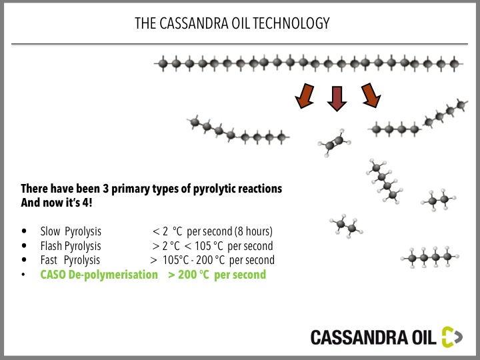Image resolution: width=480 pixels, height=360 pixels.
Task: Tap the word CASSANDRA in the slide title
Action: (x=193, y=23)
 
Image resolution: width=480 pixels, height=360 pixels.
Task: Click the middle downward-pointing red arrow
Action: (x=337, y=99)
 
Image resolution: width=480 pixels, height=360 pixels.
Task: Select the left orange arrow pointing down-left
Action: (x=305, y=96)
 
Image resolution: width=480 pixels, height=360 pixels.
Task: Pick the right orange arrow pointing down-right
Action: (x=371, y=95)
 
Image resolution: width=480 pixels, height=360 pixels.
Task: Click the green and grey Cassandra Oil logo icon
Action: (x=452, y=337)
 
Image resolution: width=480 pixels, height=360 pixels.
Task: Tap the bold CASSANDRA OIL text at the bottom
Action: (x=373, y=337)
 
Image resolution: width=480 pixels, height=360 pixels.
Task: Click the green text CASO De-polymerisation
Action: (x=99, y=275)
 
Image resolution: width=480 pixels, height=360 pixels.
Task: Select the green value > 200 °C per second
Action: (x=217, y=275)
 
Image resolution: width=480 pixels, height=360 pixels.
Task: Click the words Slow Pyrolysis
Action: (x=71, y=231)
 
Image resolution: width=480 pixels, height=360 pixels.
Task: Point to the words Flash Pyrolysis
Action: (x=71, y=246)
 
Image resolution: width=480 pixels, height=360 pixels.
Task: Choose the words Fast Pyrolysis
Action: (x=70, y=260)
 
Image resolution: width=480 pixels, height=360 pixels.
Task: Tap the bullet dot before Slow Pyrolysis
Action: (x=24, y=231)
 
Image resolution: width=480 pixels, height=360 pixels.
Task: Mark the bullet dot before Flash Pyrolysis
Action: (x=24, y=245)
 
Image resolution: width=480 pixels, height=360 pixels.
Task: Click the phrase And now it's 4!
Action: (x=56, y=203)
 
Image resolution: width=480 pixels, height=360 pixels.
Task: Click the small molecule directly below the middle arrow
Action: (x=334, y=143)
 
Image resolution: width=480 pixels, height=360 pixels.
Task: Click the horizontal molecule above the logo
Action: (x=430, y=257)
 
